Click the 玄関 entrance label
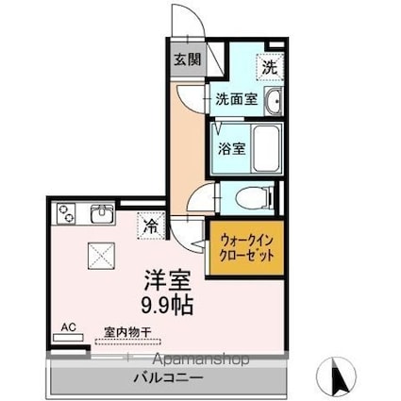point(187,58)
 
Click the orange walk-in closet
point(244,248)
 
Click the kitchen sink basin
point(102,214)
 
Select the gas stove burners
point(68,213)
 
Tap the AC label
point(68,327)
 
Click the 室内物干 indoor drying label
point(127,331)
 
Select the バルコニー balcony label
point(166,377)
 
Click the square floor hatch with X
point(99,255)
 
